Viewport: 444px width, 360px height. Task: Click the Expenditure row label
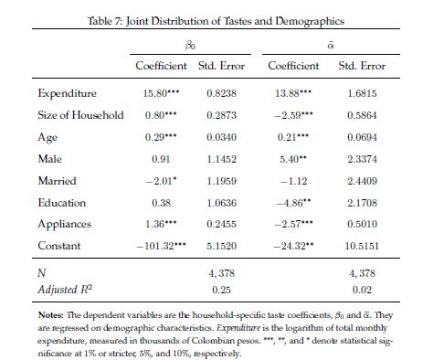(67, 93)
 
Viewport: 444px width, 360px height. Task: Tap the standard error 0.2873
(221, 115)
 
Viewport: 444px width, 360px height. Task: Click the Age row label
(48, 137)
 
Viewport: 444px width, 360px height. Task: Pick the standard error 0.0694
(362, 137)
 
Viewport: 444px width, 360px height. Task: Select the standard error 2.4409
(362, 181)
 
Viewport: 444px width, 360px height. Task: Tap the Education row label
(62, 203)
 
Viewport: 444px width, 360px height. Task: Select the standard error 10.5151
(362, 246)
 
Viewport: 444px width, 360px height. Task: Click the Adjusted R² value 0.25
(221, 290)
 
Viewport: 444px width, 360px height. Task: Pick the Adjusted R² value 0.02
(362, 290)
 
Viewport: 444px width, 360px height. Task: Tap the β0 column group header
(190, 46)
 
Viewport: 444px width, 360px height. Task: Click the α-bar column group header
(331, 46)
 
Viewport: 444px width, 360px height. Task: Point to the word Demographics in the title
(310, 21)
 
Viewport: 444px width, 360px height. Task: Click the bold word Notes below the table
(50, 315)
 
